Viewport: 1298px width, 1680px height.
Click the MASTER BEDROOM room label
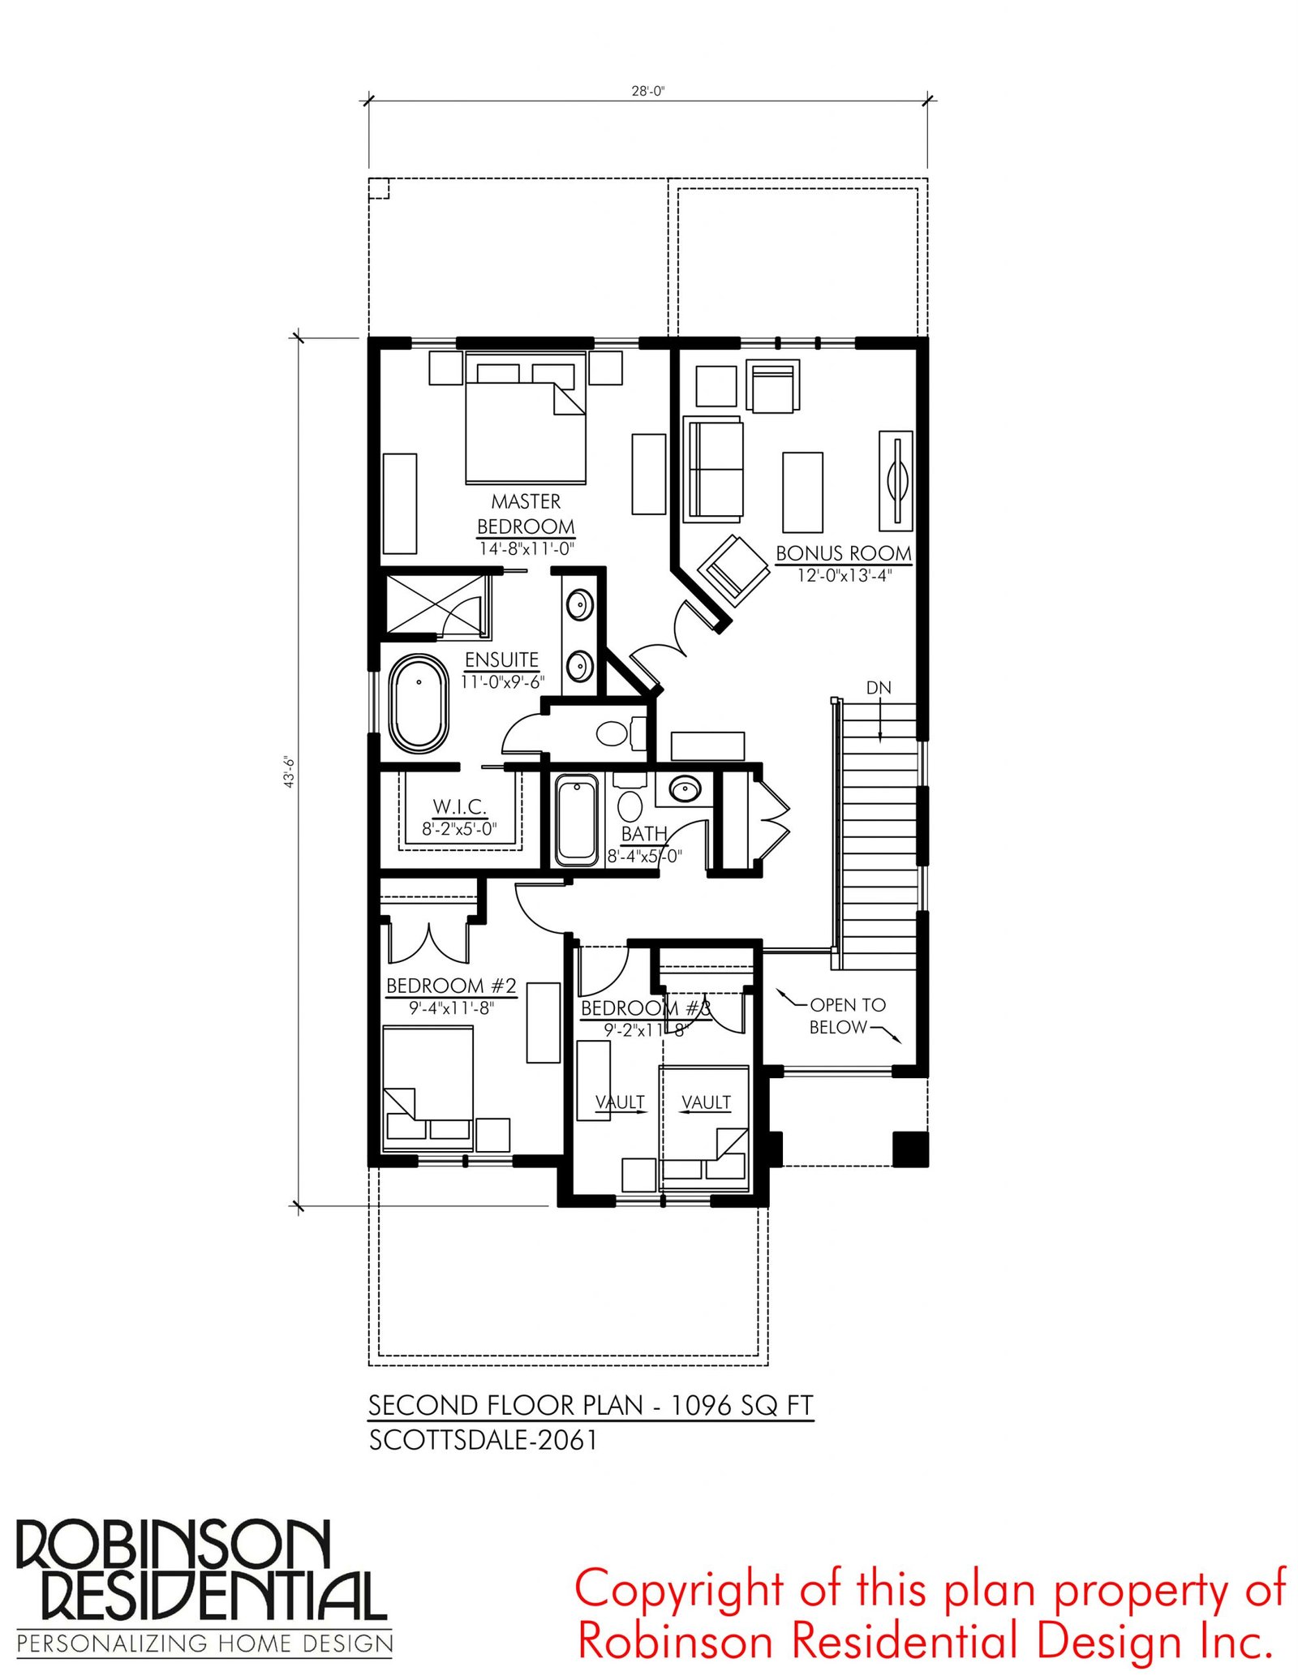click(x=526, y=513)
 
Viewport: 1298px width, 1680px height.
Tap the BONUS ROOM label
click(x=844, y=553)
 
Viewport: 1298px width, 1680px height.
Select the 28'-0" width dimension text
click(x=647, y=91)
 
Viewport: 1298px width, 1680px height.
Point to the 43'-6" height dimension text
click(x=289, y=771)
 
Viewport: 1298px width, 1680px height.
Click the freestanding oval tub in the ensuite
click(x=419, y=704)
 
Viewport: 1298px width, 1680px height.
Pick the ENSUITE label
click(x=501, y=660)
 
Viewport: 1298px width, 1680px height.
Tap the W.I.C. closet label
click(x=459, y=806)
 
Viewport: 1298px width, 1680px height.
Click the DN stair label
click(x=879, y=688)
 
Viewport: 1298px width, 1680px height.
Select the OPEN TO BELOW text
click(x=847, y=1016)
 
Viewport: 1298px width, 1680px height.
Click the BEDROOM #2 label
click(x=451, y=986)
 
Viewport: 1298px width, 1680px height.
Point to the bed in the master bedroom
click(x=525, y=418)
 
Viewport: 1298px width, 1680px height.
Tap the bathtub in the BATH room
click(x=576, y=819)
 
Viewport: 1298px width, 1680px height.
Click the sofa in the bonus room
click(x=713, y=469)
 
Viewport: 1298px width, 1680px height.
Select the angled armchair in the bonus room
click(x=733, y=570)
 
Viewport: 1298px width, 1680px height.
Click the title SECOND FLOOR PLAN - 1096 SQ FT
click(x=591, y=1405)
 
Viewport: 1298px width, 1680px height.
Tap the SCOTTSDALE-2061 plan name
click(x=484, y=1440)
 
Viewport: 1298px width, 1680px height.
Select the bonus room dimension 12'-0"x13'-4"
click(x=844, y=575)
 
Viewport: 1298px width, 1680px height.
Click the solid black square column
click(x=910, y=1149)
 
